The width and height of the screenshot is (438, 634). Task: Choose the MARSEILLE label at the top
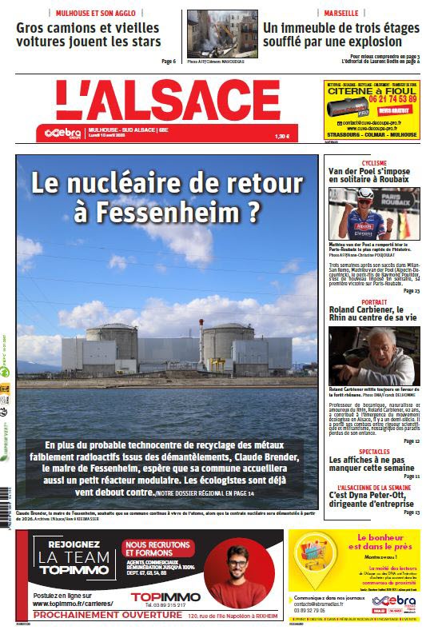pyautogui.click(x=340, y=14)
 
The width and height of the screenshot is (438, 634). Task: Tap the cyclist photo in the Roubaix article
pyautogui.click(x=374, y=213)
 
